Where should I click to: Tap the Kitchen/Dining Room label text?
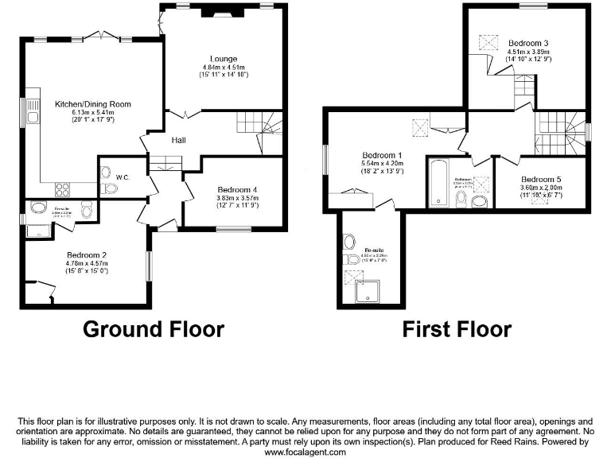pyautogui.click(x=93, y=104)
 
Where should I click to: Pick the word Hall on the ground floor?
pyautogui.click(x=179, y=141)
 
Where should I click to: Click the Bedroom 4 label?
pyautogui.click(x=235, y=189)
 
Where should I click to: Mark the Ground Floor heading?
pyautogui.click(x=154, y=328)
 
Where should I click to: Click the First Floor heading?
pyautogui.click(x=456, y=328)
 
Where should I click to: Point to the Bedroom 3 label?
pyautogui.click(x=529, y=43)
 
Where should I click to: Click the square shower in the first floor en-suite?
pyautogui.click(x=368, y=290)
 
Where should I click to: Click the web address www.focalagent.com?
pyautogui.click(x=305, y=452)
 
